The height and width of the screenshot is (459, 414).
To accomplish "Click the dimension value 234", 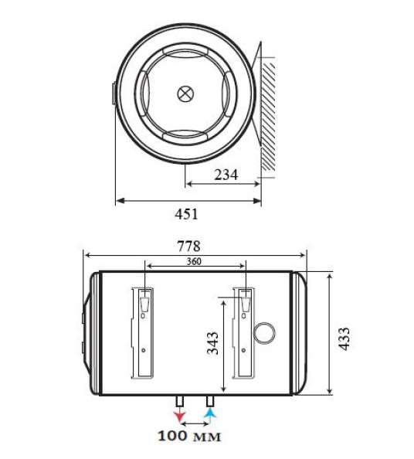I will [226, 175].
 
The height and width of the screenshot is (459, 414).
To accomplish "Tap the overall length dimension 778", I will [189, 246].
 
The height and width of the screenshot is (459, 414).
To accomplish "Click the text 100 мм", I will [189, 437].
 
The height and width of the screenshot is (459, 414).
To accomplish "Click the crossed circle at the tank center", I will [185, 94].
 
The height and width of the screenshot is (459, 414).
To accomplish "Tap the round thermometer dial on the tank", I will [265, 332].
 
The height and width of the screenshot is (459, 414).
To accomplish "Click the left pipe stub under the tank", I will [179, 402].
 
